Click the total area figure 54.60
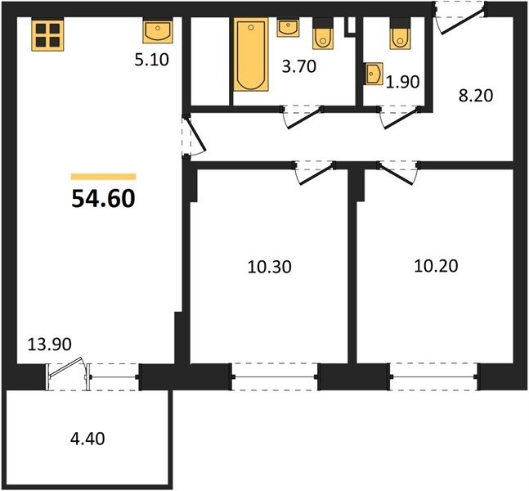click(x=103, y=198)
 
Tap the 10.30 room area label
click(x=269, y=267)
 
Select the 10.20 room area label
click(x=436, y=266)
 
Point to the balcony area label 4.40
click(x=87, y=439)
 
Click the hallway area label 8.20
click(x=476, y=96)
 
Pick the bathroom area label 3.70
click(x=299, y=65)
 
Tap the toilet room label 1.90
click(x=402, y=82)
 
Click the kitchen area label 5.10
click(x=151, y=60)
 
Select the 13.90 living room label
click(x=49, y=345)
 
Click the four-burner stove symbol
click(x=48, y=34)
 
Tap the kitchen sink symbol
click(x=158, y=31)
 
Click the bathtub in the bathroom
click(x=251, y=54)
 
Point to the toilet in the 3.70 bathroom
click(x=323, y=34)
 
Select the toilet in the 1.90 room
click(x=400, y=34)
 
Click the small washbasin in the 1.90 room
click(x=374, y=74)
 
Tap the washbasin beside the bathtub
click(x=288, y=28)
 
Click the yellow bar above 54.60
click(x=103, y=177)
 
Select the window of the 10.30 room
click(x=275, y=377)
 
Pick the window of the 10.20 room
click(x=433, y=377)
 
